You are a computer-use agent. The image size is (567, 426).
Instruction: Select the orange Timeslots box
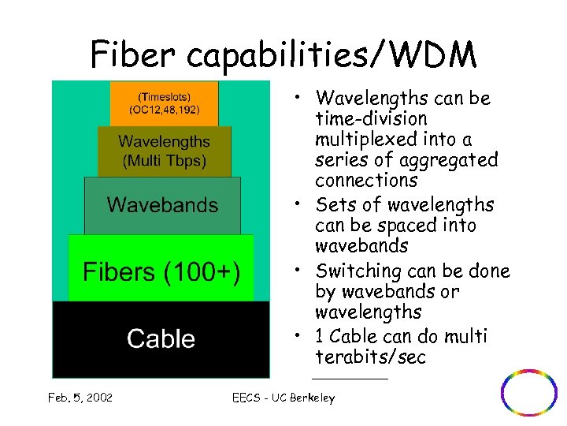click(164, 103)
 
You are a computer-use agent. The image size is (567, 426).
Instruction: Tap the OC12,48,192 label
click(164, 110)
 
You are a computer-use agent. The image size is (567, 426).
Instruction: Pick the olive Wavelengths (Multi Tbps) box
click(164, 151)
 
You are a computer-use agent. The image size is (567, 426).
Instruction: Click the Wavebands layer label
click(163, 205)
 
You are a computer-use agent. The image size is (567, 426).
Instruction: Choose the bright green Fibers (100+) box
click(161, 272)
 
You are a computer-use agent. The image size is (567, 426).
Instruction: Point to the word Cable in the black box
click(161, 339)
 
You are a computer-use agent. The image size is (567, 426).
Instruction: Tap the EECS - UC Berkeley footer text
click(283, 398)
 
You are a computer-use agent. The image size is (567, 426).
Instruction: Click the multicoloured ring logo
click(529, 392)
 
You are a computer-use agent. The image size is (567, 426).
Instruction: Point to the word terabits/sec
click(370, 357)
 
